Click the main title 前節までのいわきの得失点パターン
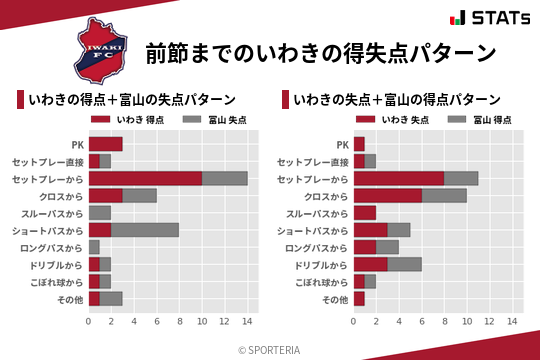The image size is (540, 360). click(320, 51)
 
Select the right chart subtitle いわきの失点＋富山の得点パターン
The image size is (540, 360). click(398, 100)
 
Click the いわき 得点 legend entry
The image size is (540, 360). click(119, 120)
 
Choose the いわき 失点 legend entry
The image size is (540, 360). click(384, 120)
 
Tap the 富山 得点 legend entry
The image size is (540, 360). click(480, 120)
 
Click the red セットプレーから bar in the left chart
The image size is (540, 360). click(145, 178)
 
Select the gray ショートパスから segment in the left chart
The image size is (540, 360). click(145, 229)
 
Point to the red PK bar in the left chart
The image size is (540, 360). click(105, 144)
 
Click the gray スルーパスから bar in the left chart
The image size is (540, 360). click(100, 212)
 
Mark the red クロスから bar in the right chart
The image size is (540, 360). click(388, 195)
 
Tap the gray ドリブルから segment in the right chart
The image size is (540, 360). click(405, 264)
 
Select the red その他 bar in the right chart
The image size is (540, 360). click(359, 298)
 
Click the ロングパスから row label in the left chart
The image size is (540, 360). click(55, 247)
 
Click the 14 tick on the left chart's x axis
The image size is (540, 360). click(247, 321)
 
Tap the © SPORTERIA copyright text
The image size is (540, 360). click(270, 349)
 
